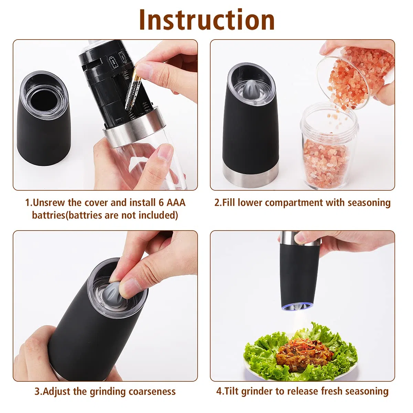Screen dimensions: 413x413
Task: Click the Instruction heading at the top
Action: pos(207,20)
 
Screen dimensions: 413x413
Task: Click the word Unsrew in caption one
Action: pos(49,202)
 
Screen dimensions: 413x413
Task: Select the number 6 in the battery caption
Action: pos(161,202)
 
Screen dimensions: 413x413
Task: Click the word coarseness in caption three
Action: pos(152,391)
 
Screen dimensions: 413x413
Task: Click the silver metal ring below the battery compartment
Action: pos(134,128)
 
